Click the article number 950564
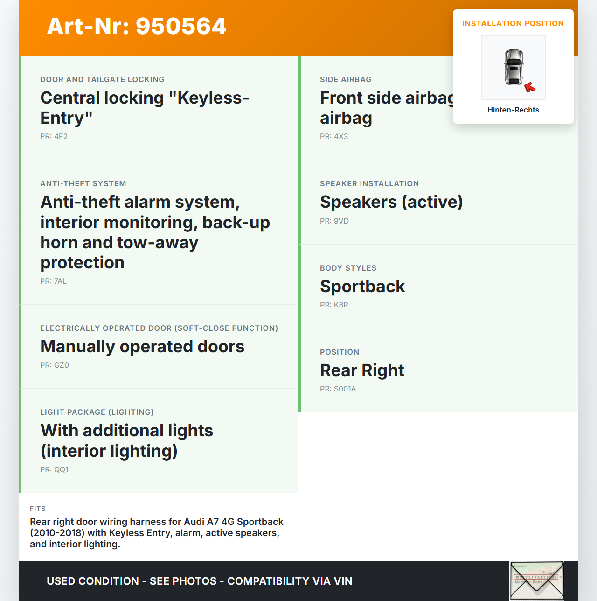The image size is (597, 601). point(137,26)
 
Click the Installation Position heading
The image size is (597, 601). point(513,24)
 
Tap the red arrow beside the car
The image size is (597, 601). point(530,87)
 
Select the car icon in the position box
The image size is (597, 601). point(514,67)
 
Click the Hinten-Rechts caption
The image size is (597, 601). point(513,110)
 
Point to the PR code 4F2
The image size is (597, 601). point(54,137)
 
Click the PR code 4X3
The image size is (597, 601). point(334,137)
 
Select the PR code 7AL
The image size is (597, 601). point(54,281)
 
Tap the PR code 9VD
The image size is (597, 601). point(334,221)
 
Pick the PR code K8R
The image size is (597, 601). point(334,305)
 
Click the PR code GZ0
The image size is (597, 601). point(55,365)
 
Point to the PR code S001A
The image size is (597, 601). point(338,389)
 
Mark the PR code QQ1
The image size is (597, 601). point(55,470)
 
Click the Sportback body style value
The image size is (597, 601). point(362,287)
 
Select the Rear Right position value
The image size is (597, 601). point(362,370)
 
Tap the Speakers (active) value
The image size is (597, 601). point(391,202)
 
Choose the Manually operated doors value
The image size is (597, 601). point(142,347)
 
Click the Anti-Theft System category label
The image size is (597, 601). point(83,184)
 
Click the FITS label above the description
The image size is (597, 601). point(38,509)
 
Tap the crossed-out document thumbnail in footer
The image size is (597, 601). point(537,580)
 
